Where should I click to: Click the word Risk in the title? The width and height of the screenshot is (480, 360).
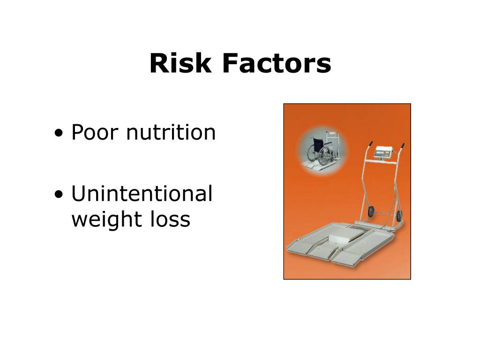(180, 63)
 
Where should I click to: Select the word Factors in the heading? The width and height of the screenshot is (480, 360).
(277, 63)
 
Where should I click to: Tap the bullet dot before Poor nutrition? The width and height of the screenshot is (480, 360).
(59, 133)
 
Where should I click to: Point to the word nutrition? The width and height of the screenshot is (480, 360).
(171, 132)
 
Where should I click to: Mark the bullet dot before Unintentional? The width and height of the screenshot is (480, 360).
(59, 194)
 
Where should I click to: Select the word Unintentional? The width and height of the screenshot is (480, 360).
(142, 193)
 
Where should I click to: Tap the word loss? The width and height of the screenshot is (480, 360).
(170, 219)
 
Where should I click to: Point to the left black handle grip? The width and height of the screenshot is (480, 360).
(370, 144)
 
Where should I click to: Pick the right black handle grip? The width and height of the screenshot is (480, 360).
(402, 146)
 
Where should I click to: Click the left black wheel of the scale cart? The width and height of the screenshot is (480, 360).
(371, 212)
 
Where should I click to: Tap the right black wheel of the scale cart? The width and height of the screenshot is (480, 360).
(399, 216)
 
